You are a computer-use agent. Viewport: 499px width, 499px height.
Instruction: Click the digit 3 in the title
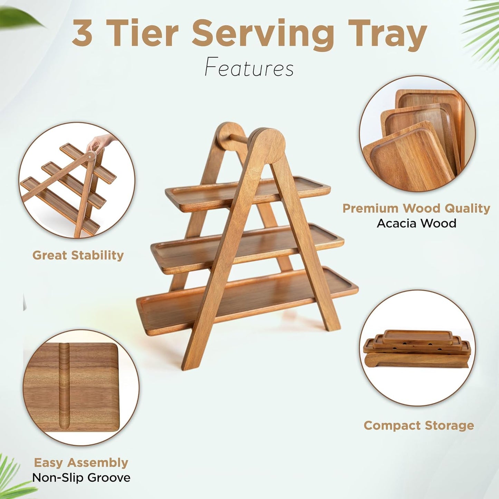tap(82, 34)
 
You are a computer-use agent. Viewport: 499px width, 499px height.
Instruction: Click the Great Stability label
tap(78, 255)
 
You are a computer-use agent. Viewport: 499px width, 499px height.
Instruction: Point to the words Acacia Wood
tap(416, 223)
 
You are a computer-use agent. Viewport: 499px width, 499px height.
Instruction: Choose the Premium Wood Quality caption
tap(416, 208)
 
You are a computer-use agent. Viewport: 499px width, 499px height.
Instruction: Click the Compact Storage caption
tap(419, 425)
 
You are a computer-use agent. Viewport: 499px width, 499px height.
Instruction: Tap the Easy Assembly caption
tap(81, 462)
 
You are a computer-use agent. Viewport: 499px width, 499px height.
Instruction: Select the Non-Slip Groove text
tap(81, 478)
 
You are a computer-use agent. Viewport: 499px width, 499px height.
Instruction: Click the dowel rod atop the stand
tap(238, 138)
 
